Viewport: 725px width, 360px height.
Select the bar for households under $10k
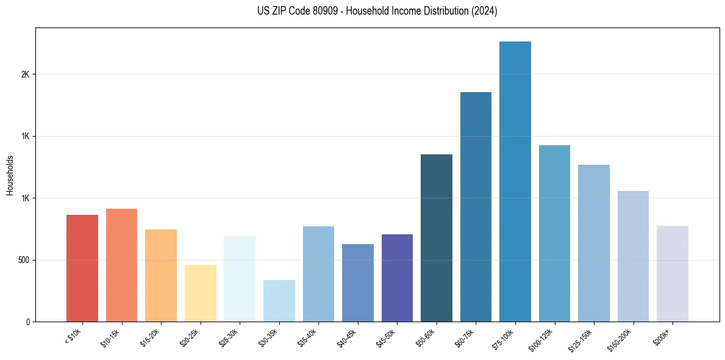(x=82, y=268)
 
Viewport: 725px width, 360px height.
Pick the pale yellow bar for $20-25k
(x=200, y=293)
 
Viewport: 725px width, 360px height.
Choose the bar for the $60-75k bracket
(x=476, y=207)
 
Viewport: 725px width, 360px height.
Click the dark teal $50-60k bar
(x=436, y=238)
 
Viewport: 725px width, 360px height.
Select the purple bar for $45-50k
(x=397, y=278)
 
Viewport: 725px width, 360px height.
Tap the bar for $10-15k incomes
(x=121, y=265)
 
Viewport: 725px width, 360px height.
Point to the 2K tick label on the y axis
(x=25, y=74)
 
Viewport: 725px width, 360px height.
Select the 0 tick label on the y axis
(x=27, y=322)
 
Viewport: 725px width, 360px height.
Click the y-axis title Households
(x=10, y=175)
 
